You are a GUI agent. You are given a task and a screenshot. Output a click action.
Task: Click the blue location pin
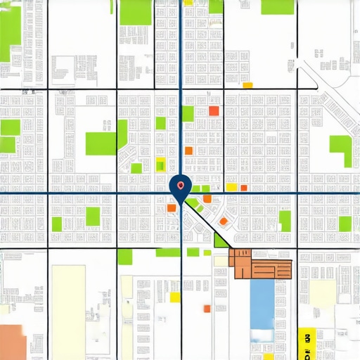click(181, 186)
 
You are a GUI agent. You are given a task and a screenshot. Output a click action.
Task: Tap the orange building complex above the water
click(261, 266)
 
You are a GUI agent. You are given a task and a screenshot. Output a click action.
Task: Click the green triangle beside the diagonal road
click(219, 240)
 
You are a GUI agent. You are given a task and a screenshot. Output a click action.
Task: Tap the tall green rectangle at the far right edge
click(341, 151)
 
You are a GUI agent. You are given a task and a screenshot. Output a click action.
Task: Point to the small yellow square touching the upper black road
click(247, 85)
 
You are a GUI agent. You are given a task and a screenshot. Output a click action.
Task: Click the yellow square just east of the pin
click(231, 187)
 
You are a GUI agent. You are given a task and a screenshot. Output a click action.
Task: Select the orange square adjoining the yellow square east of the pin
click(242, 188)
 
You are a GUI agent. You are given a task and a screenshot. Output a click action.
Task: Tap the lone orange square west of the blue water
click(207, 308)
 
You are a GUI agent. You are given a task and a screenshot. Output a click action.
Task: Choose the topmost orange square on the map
click(214, 110)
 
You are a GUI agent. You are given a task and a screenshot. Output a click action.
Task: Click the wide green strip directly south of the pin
click(167, 252)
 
